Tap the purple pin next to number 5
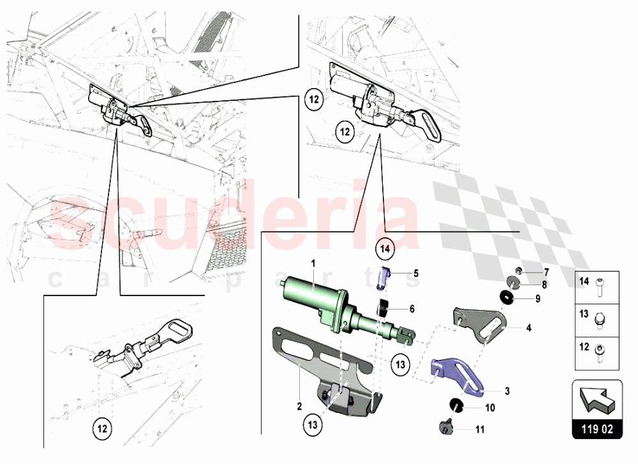386,276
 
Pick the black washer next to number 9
507,297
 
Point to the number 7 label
545,272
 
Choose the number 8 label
544,285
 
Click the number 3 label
507,391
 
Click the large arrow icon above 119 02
598,400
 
